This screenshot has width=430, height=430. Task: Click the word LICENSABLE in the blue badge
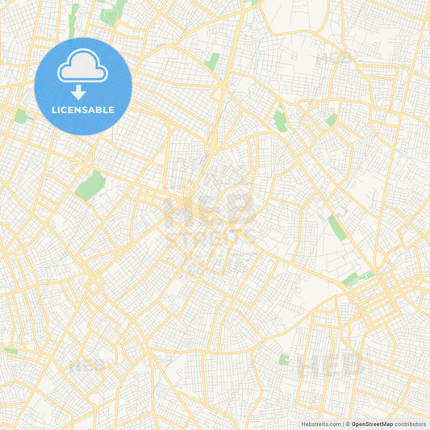[82, 110]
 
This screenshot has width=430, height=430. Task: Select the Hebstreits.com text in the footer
[322, 423]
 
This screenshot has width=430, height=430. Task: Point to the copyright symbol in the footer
[347, 423]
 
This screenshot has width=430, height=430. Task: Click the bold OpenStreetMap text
[372, 423]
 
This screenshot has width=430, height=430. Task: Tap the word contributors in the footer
[411, 423]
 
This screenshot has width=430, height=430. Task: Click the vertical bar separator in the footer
[342, 423]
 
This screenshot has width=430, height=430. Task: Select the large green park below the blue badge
[90, 185]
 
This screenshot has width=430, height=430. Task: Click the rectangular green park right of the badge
[212, 61]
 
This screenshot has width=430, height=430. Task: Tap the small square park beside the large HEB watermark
[284, 359]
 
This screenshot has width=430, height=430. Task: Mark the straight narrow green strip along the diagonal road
[336, 228]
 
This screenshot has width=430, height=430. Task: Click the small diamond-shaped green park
[331, 119]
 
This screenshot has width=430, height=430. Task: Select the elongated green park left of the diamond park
[280, 120]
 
